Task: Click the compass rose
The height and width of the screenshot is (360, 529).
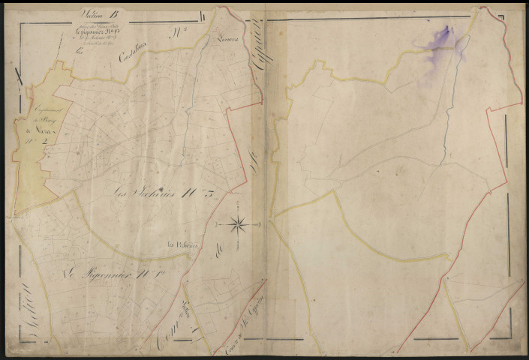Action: point(238,222)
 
